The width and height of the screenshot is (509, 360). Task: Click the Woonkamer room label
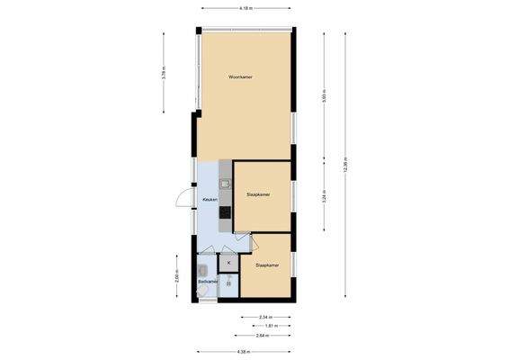coord(240,77)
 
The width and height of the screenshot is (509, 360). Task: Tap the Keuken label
coord(210,200)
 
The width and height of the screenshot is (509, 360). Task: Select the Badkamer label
coord(207,282)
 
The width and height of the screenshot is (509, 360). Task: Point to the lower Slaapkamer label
coord(268,265)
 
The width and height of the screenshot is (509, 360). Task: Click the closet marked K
coord(228,263)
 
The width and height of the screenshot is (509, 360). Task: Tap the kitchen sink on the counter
coord(225,183)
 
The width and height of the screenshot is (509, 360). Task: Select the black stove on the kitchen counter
coord(225,212)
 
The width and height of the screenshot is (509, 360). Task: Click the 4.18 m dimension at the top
coord(246,8)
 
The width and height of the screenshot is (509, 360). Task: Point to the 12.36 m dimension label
coord(345,166)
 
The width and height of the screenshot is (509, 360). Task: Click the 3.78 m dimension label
coord(163,74)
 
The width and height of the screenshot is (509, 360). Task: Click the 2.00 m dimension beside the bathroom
coord(178,278)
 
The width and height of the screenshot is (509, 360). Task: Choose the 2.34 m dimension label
coord(265,317)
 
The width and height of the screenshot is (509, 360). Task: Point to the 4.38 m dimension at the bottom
coord(243,351)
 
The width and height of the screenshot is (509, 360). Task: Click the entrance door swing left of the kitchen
coord(183,200)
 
